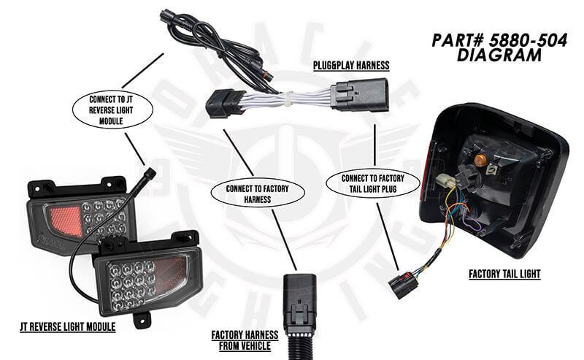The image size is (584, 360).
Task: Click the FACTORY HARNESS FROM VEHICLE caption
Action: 245,340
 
